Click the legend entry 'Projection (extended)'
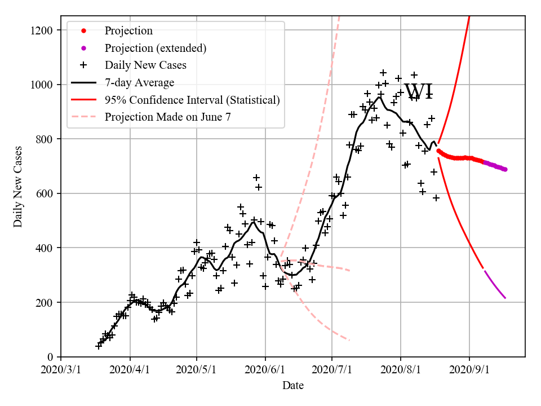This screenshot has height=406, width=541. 155,48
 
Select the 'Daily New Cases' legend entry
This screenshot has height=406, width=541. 145,65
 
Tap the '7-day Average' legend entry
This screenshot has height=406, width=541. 139,83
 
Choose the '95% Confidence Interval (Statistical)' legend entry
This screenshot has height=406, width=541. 192,100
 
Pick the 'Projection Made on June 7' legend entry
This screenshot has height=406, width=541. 168,117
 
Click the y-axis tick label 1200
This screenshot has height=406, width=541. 43,30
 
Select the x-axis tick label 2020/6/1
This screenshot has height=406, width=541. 265,370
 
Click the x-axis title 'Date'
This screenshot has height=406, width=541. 293,386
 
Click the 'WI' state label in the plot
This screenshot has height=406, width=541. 419,91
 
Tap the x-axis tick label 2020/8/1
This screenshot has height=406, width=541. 401,370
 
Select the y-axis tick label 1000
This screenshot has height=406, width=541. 43,85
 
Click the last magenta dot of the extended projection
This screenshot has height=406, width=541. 505,169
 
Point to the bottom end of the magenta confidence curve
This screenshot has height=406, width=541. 505,298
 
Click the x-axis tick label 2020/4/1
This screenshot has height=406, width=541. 130,370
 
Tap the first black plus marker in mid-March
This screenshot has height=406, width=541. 99,346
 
